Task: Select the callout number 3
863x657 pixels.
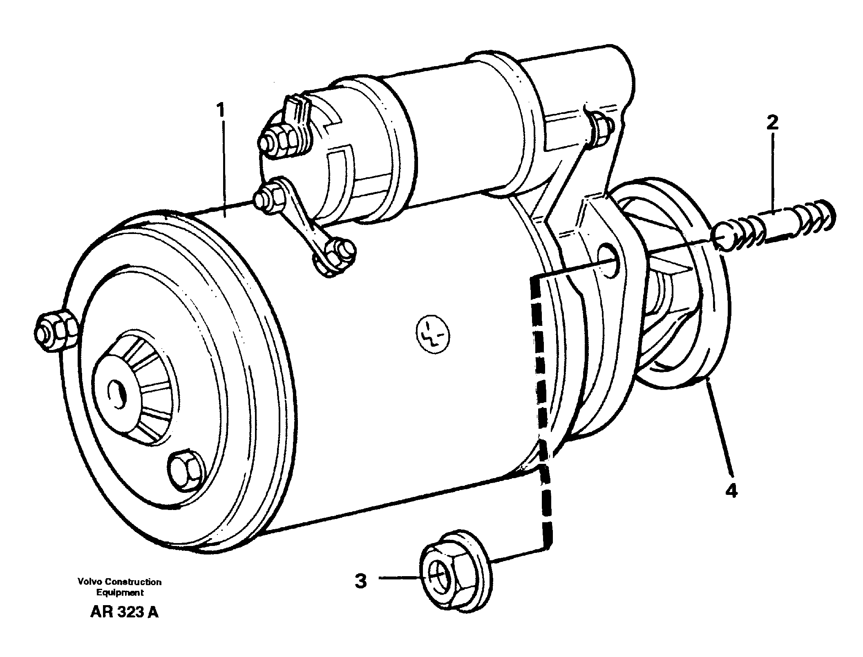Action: pos(360,581)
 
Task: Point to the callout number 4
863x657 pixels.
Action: pos(731,490)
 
